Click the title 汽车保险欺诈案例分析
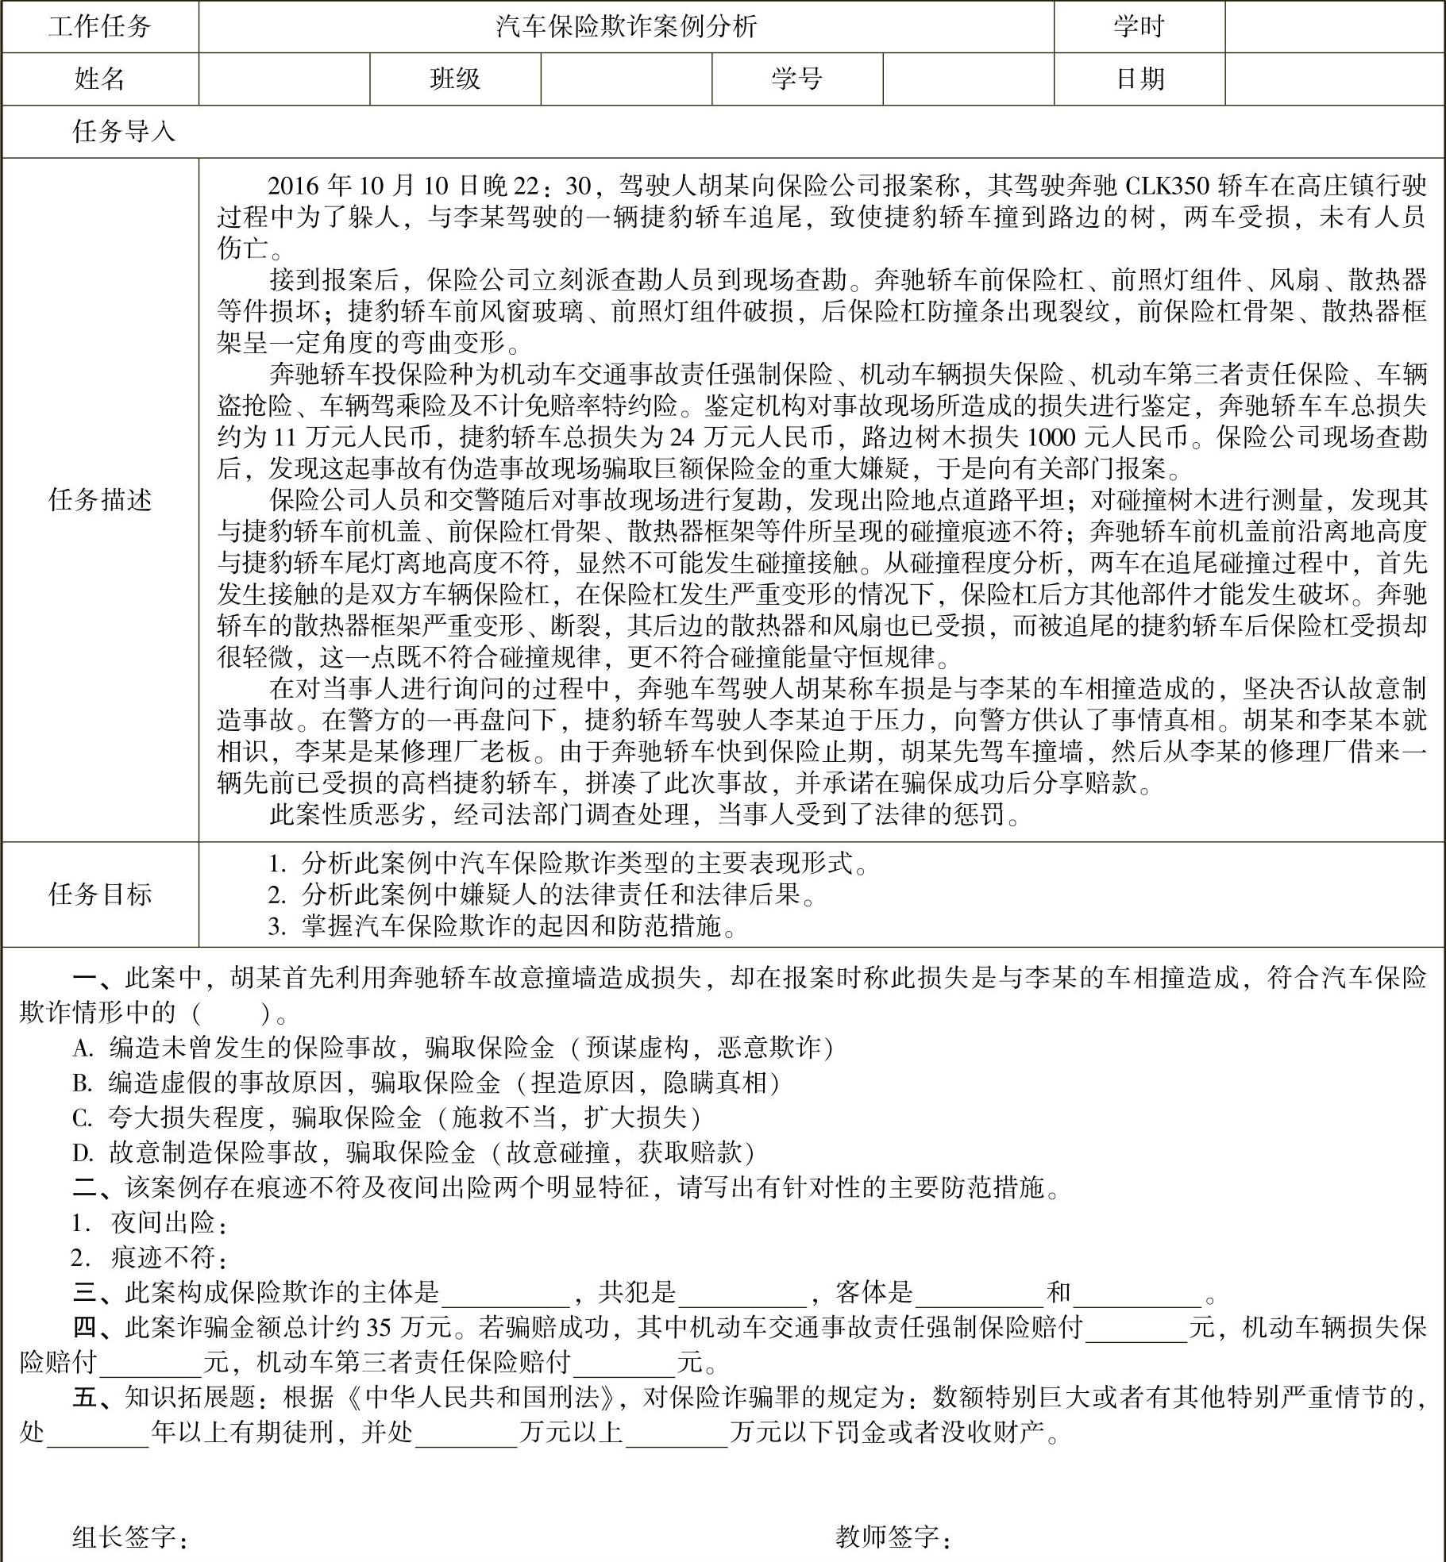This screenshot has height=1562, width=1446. click(x=626, y=27)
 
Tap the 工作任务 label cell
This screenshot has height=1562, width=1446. click(x=99, y=27)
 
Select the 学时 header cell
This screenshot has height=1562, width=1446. click(x=1138, y=27)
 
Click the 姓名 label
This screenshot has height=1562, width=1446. click(x=99, y=79)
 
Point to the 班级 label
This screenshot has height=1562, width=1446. click(x=455, y=79)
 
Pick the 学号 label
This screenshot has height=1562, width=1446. click(x=796, y=79)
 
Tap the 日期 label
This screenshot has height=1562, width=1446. click(x=1139, y=79)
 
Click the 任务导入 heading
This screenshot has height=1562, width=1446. click(x=124, y=131)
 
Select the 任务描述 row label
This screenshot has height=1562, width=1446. click(x=99, y=500)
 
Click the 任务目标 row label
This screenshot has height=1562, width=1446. click(x=99, y=894)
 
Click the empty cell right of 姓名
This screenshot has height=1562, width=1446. click(x=283, y=79)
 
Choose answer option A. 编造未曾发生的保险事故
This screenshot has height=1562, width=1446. click(x=453, y=1048)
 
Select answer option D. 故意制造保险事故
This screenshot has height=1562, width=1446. click(x=413, y=1152)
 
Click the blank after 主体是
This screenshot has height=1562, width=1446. click(x=505, y=1294)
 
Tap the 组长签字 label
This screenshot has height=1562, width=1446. click(x=130, y=1537)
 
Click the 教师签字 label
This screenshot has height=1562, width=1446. click(x=893, y=1537)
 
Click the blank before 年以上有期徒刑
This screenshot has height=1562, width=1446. click(x=98, y=1433)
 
